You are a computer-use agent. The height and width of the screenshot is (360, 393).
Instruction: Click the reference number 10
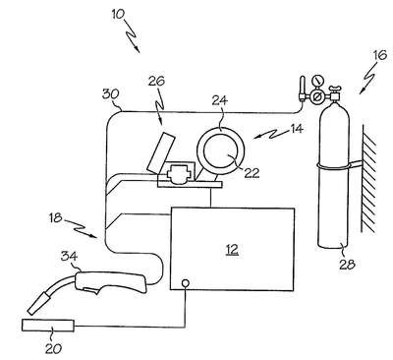118,14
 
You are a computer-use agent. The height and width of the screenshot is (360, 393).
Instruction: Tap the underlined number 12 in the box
232,250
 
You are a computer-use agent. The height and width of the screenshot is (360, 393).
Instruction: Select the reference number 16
380,55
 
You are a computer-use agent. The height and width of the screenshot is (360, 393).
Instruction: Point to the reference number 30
110,94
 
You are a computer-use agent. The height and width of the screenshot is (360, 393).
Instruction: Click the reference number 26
156,81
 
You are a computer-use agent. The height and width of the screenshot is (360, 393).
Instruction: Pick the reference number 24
219,100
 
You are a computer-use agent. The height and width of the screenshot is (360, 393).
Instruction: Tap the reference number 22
252,173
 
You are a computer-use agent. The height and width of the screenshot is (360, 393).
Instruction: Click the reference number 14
296,129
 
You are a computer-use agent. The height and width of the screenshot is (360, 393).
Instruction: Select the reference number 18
55,217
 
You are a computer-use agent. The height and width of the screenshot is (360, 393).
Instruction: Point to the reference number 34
69,256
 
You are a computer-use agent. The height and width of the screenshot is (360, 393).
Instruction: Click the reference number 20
53,348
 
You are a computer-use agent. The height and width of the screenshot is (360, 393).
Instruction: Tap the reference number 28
347,264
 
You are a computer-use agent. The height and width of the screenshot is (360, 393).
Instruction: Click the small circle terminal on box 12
185,282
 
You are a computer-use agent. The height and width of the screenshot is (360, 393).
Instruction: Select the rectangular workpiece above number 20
48,326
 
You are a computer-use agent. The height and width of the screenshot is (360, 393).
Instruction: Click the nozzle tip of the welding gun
32,310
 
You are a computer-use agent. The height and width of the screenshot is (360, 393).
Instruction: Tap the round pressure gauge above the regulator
316,80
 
